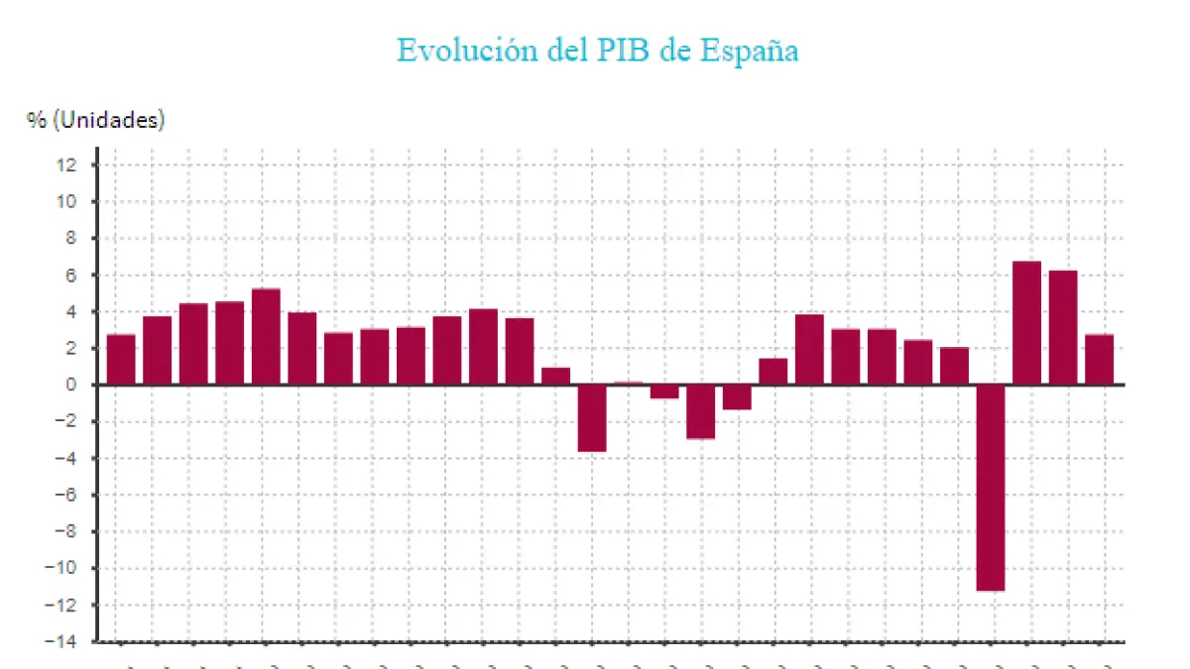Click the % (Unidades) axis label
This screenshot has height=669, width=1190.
point(96,121)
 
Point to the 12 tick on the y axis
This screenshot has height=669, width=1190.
point(67,165)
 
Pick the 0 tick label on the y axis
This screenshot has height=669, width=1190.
point(71,385)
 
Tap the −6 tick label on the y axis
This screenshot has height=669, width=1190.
point(65,495)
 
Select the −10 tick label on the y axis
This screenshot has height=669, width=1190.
point(61,568)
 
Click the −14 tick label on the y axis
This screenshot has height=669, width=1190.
point(61,641)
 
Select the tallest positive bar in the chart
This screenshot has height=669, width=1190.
point(1026,323)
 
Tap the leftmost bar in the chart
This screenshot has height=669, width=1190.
point(121,360)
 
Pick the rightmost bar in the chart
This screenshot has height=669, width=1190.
point(1099,360)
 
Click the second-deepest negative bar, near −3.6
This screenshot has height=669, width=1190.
point(592,417)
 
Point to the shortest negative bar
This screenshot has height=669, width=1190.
point(664,391)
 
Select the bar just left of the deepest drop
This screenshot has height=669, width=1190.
point(954,366)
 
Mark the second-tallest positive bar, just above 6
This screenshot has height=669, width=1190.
point(1063,327)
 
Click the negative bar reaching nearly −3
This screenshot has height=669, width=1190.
point(700,411)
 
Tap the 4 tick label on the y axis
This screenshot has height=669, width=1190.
point(71,311)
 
